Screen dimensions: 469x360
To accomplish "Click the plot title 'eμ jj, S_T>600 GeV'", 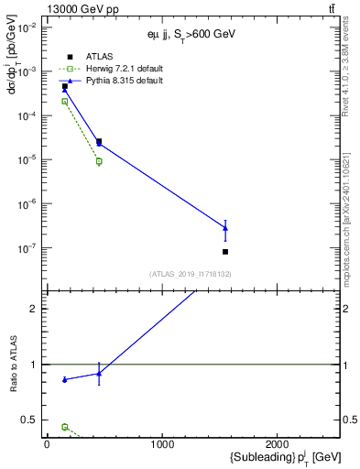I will pos(186,34).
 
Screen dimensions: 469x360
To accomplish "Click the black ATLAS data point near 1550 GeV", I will pos(225,251).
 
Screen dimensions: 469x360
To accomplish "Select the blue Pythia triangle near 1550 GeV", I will pos(225,228).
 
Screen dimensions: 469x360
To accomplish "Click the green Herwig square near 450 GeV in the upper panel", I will pos(99,161).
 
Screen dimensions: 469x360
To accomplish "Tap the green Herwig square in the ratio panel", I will pos(64,427).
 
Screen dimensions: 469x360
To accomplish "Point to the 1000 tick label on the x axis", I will pos(162,445).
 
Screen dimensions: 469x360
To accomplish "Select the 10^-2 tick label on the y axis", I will pos(27,27).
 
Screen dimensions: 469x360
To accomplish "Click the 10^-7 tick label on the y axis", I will pos(27,247).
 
